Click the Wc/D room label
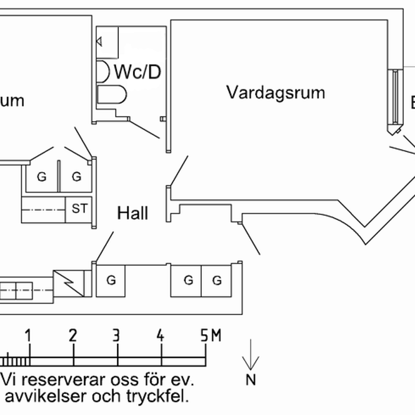coord(137,71)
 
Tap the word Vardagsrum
coord(276,93)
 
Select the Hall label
coord(133,214)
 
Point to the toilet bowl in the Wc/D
coord(113,95)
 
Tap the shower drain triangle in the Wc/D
coord(99,42)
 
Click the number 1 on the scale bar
coord(28,336)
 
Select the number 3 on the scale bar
coord(116,336)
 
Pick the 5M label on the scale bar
coord(211,336)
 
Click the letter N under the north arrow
coord(251,379)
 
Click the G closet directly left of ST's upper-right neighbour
coord(41,177)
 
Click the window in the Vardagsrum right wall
coord(395,97)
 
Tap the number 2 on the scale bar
coord(73,336)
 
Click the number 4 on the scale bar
coord(161,336)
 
